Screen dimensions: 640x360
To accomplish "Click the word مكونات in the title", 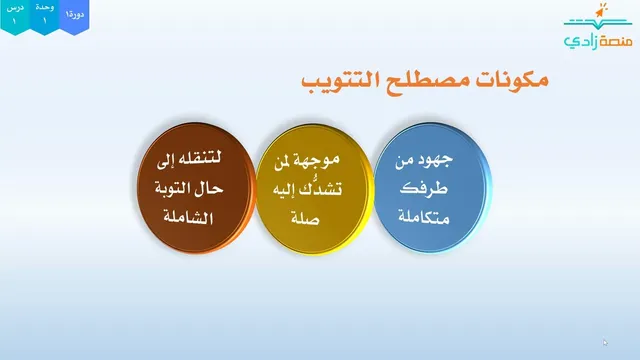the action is (511, 80).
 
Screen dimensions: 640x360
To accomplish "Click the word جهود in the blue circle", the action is (437, 160).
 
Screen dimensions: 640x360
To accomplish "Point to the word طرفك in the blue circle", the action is (424, 188).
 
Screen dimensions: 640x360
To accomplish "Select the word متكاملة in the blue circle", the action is (424, 217).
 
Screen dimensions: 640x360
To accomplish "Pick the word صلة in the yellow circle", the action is (305, 218).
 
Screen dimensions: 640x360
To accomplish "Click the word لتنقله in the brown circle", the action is (199, 158).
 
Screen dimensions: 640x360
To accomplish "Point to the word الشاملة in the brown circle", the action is (188, 217).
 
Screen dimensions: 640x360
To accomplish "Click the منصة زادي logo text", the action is (598, 41).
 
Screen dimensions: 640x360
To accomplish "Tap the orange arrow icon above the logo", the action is (600, 11).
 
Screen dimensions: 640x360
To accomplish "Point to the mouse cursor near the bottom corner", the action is (605, 342).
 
